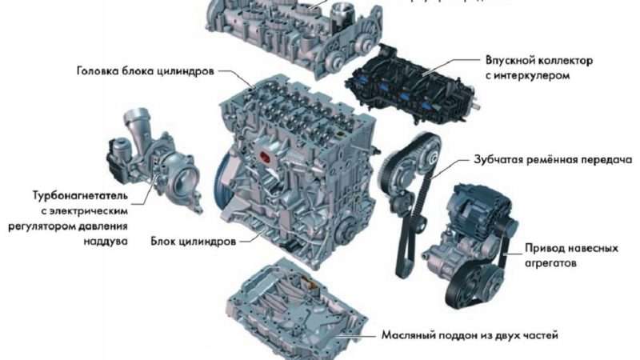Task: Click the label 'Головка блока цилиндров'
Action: pos(145,70)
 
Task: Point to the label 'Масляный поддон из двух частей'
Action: pos(469,334)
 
